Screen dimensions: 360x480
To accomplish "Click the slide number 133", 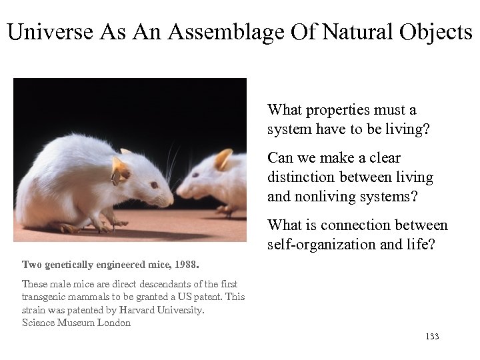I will (x=431, y=337).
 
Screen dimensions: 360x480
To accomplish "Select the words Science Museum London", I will (x=76, y=323).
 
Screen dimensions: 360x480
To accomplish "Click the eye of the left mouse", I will (x=154, y=185).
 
